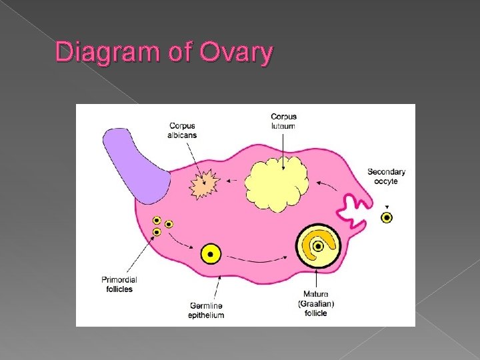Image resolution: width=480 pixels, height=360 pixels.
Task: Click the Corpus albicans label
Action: tap(182, 130)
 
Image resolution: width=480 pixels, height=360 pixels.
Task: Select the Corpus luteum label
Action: tap(283, 121)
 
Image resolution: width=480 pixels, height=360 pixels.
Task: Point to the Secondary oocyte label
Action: tap(386, 176)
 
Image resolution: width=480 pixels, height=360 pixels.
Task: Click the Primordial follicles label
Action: tap(119, 285)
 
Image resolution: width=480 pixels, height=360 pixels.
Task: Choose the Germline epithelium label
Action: tap(206, 310)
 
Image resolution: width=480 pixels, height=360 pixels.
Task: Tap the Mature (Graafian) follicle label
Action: tap(315, 303)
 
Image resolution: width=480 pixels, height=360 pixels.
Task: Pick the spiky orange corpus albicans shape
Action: tap(203, 185)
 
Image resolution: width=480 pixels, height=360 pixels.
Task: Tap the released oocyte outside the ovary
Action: tap(387, 217)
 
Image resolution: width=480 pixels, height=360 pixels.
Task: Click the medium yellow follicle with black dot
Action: tap(211, 253)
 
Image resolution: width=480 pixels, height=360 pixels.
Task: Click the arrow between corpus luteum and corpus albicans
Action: tap(232, 180)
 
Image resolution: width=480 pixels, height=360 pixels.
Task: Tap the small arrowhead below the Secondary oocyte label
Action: tap(387, 206)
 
